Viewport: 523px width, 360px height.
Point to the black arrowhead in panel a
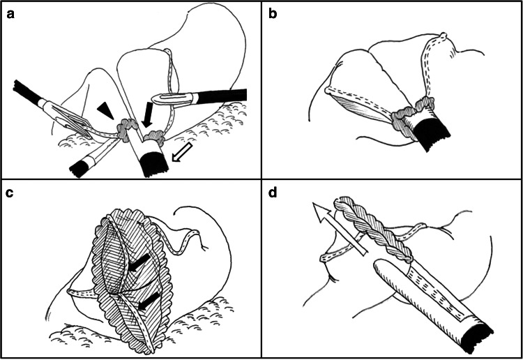pyautogui.click(x=105, y=108)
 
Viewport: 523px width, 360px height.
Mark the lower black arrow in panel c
pyautogui.click(x=143, y=306)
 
